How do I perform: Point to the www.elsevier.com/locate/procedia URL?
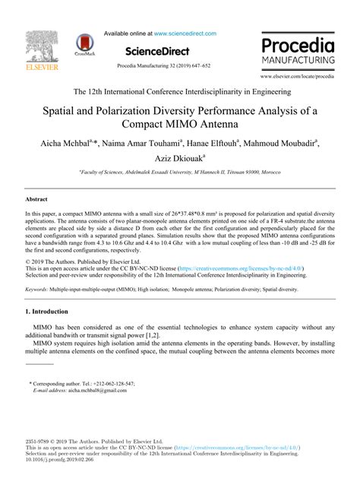pyautogui.click(x=308, y=78)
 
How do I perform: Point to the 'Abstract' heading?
pyautogui.click(x=37, y=198)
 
